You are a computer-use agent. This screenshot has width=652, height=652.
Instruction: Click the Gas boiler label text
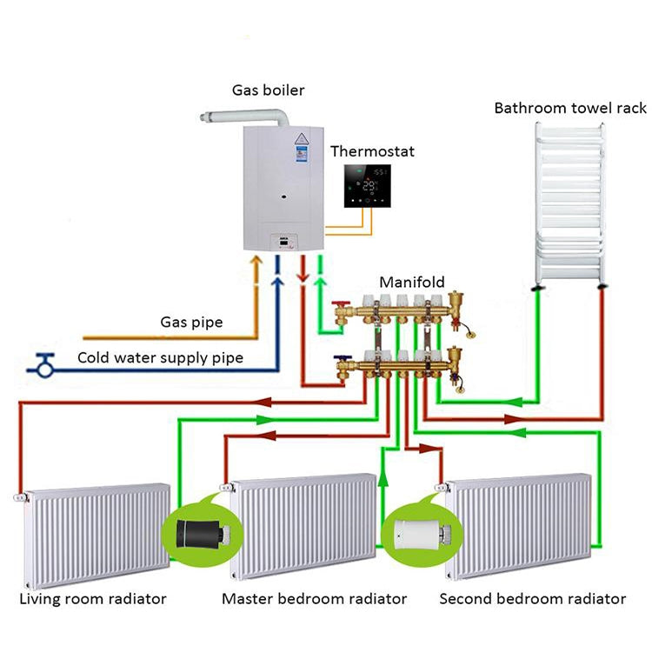point(268,90)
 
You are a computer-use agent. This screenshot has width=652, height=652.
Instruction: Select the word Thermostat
point(372,151)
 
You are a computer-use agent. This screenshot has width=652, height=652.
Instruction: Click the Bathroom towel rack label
point(570,108)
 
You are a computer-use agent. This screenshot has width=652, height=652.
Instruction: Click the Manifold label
point(412,282)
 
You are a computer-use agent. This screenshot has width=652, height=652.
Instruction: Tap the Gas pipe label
point(191,323)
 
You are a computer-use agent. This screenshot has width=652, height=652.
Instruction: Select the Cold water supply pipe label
point(160,357)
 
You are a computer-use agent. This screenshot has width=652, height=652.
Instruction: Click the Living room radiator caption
point(93,599)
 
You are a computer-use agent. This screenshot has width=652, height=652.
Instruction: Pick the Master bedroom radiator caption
point(314,599)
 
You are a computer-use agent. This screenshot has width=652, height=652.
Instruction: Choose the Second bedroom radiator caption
point(532,599)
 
